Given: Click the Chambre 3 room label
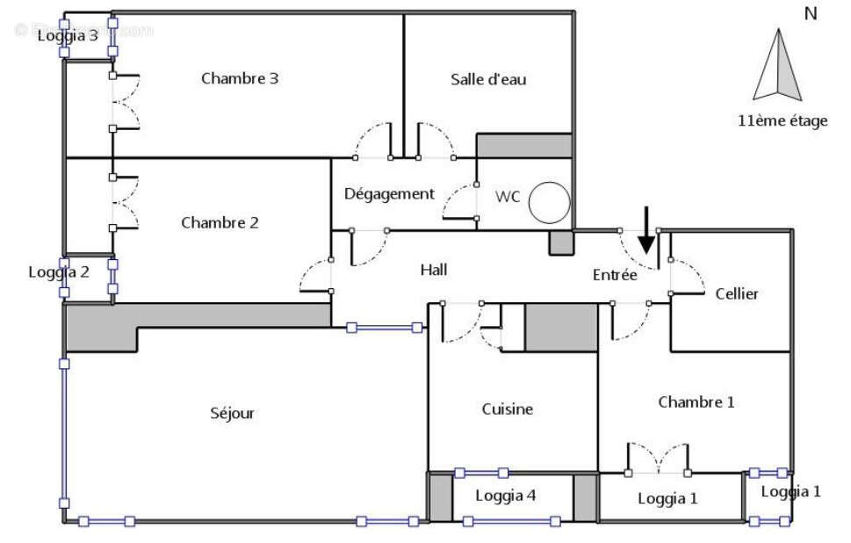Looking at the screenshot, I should (240, 78).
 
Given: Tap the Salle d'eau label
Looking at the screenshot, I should (488, 79).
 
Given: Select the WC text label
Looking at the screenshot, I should (508, 196).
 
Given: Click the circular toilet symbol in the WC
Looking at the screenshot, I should (551, 202).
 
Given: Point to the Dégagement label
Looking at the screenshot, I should (389, 194).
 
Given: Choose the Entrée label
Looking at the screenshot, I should (615, 275).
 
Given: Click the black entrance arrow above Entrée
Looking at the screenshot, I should (646, 230).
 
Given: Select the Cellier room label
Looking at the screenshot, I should (736, 293).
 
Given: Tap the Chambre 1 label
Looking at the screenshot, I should (696, 402).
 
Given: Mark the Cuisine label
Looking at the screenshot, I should (507, 409).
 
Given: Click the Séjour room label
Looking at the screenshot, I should (232, 413).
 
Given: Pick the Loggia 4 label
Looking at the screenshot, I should (506, 496).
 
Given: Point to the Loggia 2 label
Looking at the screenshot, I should (59, 271).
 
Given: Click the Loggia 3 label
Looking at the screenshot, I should (67, 36).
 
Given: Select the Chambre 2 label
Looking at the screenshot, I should (220, 222).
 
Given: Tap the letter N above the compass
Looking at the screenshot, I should (810, 13).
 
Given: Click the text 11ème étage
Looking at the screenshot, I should (782, 121).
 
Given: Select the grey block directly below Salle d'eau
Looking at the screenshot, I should (524, 145).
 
